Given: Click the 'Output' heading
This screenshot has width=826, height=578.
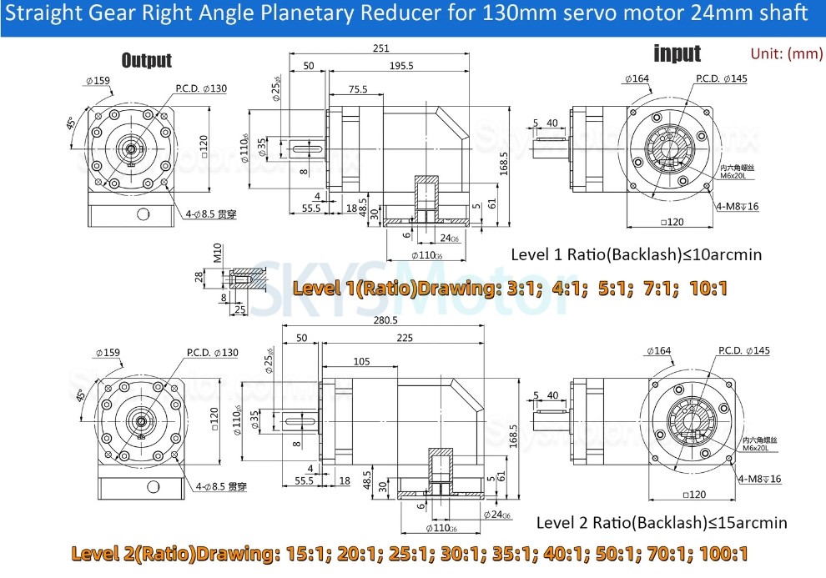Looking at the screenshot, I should coord(147,60).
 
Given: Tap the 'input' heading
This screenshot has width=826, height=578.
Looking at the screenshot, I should coord(677,54).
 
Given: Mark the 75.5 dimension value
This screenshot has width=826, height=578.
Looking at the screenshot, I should coord(357,88).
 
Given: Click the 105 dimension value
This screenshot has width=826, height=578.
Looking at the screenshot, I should coord(361,361).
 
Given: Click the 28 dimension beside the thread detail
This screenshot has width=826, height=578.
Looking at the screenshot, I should coord(199,277).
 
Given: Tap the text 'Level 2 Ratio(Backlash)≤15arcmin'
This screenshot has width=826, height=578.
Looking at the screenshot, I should coord(661,523).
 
